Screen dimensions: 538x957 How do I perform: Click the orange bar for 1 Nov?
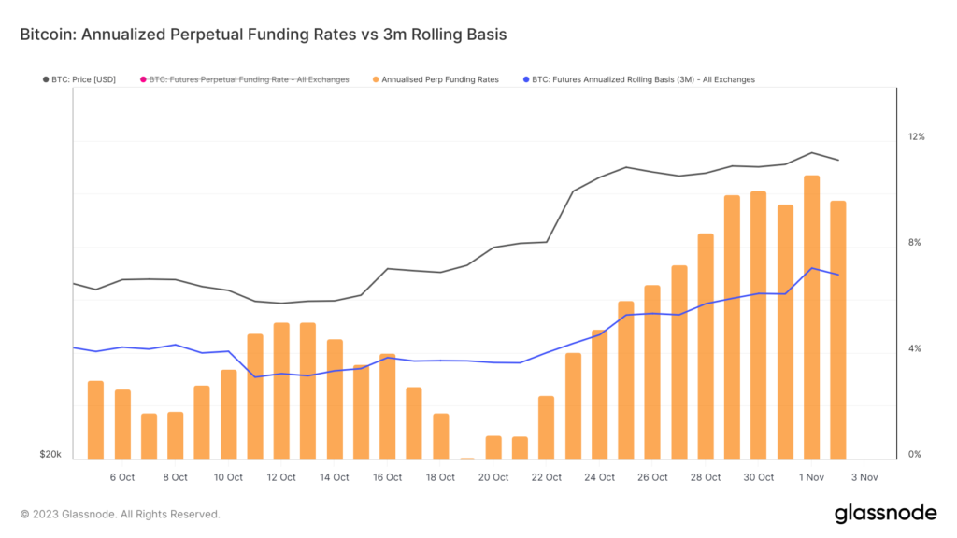(x=812, y=318)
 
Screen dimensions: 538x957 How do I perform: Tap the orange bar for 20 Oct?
(x=493, y=447)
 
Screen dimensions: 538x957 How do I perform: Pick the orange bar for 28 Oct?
(x=706, y=346)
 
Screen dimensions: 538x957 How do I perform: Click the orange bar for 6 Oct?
(x=122, y=424)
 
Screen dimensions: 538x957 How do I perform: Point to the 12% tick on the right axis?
(x=916, y=137)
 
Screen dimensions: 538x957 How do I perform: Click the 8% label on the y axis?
(x=916, y=243)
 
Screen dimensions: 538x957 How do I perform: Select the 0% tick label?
(x=916, y=455)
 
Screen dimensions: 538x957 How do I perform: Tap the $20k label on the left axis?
(x=50, y=455)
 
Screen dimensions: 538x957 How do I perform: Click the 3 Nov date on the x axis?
(x=864, y=477)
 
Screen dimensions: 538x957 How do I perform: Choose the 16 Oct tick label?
(x=388, y=477)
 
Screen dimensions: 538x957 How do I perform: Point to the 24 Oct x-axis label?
(x=600, y=477)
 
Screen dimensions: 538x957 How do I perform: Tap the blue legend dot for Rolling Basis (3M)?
(x=525, y=80)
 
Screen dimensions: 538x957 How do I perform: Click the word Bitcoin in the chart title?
(x=46, y=34)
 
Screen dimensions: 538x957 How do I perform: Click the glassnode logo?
(x=884, y=513)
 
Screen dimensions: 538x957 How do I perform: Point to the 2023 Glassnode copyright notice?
(x=120, y=514)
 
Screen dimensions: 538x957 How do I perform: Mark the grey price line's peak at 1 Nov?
(x=812, y=153)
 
